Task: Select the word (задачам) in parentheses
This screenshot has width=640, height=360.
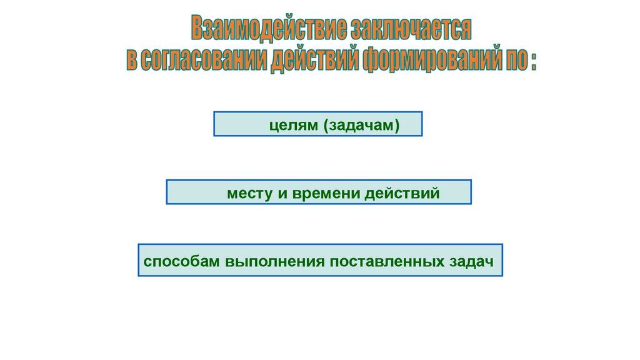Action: point(361,125)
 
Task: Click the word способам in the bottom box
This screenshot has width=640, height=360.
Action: point(181,261)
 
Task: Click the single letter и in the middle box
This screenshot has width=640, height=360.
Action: point(281,194)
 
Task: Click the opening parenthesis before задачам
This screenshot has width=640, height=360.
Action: point(326,125)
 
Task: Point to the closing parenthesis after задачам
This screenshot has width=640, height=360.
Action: point(396,125)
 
